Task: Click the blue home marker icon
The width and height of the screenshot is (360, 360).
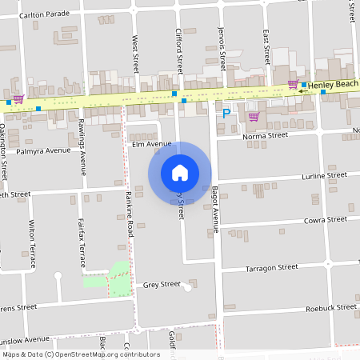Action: tap(179, 172)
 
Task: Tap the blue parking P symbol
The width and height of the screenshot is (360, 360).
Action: tap(226, 114)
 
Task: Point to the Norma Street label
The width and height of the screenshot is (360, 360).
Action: tap(266, 136)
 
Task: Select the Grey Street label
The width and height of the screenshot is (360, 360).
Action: tap(162, 284)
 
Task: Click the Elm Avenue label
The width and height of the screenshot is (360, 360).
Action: tap(152, 144)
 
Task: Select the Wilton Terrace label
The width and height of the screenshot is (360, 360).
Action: tap(33, 243)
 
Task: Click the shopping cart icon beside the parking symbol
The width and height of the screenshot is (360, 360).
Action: tap(254, 117)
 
